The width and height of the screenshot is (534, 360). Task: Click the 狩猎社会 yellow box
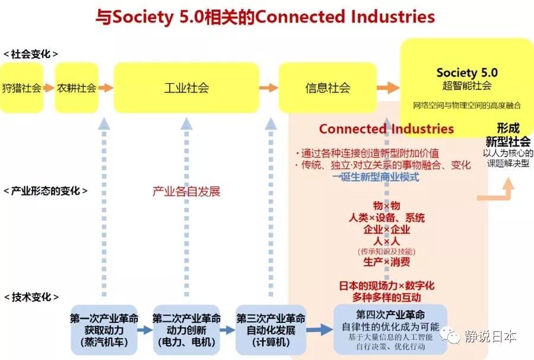21,88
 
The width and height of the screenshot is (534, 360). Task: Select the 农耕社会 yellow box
77,88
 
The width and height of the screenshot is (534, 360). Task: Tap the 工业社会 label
186,88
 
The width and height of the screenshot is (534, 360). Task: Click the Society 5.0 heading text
467,73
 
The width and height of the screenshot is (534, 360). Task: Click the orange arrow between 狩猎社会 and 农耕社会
49,88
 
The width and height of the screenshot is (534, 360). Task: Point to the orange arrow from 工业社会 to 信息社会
269,88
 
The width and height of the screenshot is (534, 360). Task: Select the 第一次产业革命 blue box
104,330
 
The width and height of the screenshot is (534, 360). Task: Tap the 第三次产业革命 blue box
271,330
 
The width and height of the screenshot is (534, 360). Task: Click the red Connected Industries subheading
386,129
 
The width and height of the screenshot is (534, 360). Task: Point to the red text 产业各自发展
186,192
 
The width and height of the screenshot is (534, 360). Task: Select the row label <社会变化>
30,53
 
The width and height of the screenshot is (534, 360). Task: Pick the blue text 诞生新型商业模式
375,177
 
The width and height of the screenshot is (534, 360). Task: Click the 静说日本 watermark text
490,336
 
